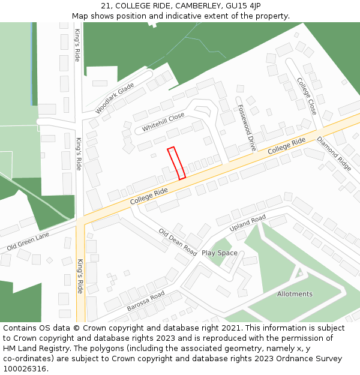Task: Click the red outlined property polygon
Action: pyautogui.click(x=176, y=163)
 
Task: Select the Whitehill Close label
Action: pyautogui.click(x=163, y=123)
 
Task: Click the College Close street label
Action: pyautogui.click(x=307, y=96)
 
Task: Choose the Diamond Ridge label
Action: pyautogui.click(x=334, y=154)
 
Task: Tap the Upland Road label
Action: pyautogui.click(x=247, y=224)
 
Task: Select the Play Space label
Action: pyautogui.click(x=220, y=253)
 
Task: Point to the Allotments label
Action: pyautogui.click(x=295, y=294)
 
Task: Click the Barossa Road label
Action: pyautogui.click(x=146, y=301)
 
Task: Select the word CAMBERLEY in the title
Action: pyautogui.click(x=191, y=5)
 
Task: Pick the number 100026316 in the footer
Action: pyautogui.click(x=25, y=368)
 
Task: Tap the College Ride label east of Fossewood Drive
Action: pyautogui.click(x=287, y=147)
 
